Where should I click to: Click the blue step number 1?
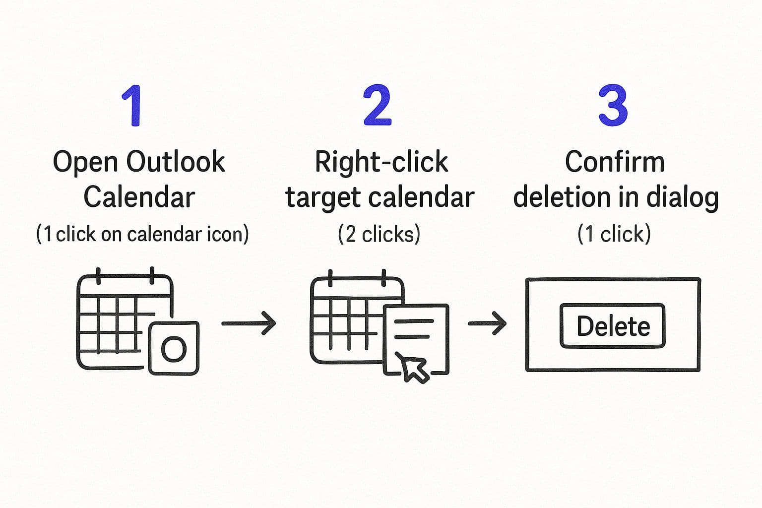[132, 106]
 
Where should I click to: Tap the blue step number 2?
[377, 105]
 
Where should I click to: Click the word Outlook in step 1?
[176, 162]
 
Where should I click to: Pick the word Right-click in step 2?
[381, 162]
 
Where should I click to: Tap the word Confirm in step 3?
[615, 162]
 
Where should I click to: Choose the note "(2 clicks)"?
[379, 234]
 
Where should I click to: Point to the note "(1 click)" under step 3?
[614, 234]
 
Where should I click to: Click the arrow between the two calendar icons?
[249, 323]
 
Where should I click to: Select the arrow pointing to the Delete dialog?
[487, 323]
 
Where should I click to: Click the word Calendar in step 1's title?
[139, 197]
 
